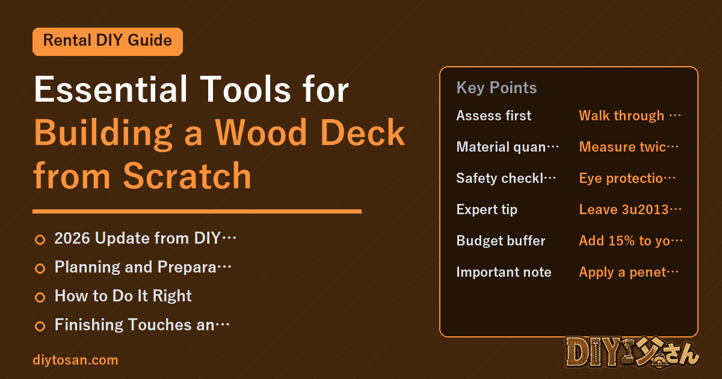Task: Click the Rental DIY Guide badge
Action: tap(108, 42)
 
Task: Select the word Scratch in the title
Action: tap(187, 176)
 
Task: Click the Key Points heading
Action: tap(496, 87)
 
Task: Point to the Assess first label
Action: tap(494, 116)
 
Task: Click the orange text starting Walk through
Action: tap(630, 116)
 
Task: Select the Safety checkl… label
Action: tap(506, 178)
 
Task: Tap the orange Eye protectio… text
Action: tap(627, 178)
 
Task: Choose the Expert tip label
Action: tap(487, 209)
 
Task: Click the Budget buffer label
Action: tap(501, 241)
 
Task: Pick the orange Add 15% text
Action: tap(631, 241)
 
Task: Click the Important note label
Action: tap(504, 272)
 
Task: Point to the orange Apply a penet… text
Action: tap(629, 273)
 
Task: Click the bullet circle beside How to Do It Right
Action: tap(40, 297)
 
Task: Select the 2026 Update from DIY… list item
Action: tap(145, 238)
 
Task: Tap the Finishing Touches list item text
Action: tap(142, 324)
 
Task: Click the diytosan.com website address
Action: tap(75, 360)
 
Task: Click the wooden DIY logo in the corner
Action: tap(632, 353)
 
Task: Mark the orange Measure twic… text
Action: tap(629, 147)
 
